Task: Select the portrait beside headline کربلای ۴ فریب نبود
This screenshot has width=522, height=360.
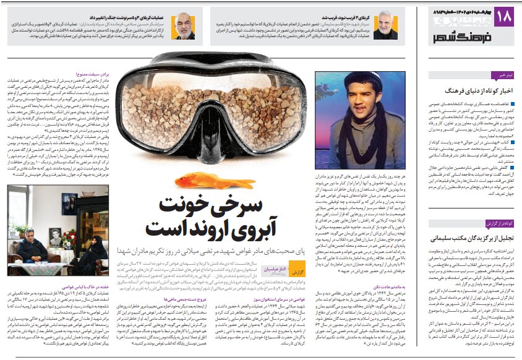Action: coord(385,25)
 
